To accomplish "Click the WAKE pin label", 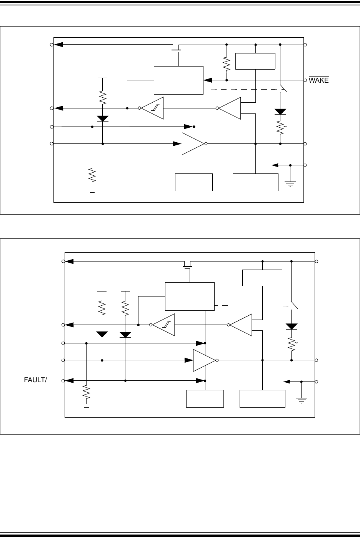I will click(318, 80).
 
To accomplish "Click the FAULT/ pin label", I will click(35, 380).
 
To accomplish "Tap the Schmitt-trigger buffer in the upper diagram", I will click(152, 108).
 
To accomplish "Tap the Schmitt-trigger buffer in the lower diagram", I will click(164, 325).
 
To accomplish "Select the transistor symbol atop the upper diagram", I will click(177, 48).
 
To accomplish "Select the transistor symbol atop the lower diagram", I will click(188, 265).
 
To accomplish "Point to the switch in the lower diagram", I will click(294, 304).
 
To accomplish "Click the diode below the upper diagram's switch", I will click(280, 112).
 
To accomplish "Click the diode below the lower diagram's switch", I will click(292, 326).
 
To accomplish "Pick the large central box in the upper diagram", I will click(178, 80).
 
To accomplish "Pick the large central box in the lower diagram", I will click(190, 296).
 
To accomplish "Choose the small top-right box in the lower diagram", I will click(262, 278).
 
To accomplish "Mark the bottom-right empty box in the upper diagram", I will click(255, 182).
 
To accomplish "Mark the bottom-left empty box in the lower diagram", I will click(205, 398).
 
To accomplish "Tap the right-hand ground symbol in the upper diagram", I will click(290, 183).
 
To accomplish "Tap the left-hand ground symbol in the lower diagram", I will click(86, 405).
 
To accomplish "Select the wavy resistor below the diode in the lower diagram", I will click(292, 343).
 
